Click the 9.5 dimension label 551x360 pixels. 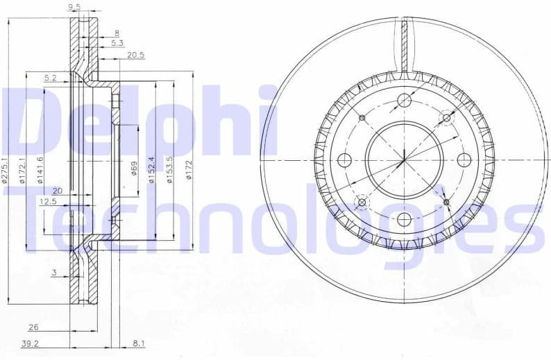74,8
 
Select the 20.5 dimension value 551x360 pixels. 135,55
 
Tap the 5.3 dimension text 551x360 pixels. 117,43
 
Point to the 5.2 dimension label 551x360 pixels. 50,78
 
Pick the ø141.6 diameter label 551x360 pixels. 41,170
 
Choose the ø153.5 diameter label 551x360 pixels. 169,169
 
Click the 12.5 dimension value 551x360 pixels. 47,202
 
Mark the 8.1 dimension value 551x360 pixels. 137,342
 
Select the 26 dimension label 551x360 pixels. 33,327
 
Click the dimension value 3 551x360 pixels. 53,273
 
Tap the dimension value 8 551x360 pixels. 117,33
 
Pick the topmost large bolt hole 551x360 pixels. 405,101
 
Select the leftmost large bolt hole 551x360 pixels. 344,160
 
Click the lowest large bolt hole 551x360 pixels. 404,220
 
